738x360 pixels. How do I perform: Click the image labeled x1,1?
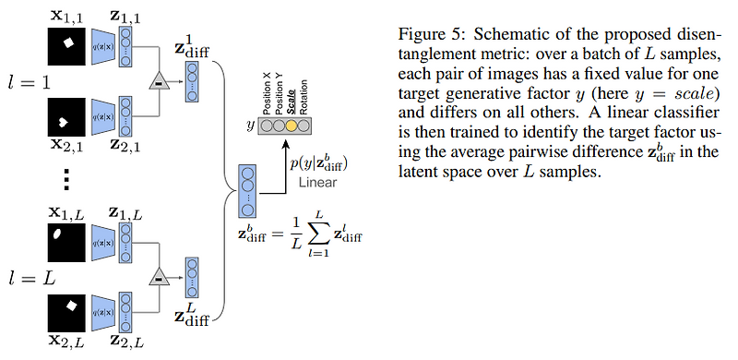66,42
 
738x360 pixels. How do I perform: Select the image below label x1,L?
66,235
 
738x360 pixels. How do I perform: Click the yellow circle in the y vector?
292,126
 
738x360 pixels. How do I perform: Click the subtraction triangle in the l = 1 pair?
159,84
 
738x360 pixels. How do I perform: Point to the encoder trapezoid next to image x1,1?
100,42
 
